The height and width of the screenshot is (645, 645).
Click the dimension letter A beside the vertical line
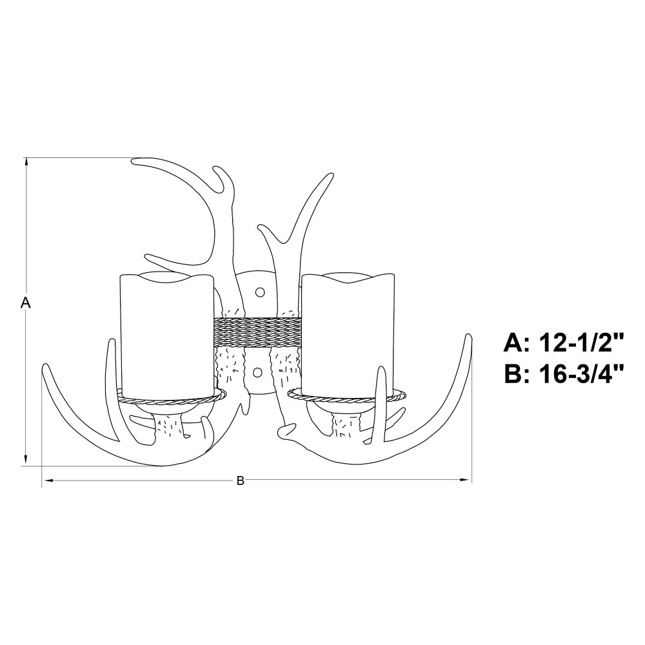[x=26, y=303]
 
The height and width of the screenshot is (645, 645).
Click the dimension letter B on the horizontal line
[x=240, y=481]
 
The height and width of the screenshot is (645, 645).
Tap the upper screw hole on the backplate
[x=259, y=292]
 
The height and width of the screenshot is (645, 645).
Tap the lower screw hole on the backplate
[x=257, y=373]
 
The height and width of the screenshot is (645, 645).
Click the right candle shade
[x=348, y=335]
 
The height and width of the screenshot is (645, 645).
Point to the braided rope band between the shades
[x=257, y=332]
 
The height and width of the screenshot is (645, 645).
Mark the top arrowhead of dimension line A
[x=26, y=161]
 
